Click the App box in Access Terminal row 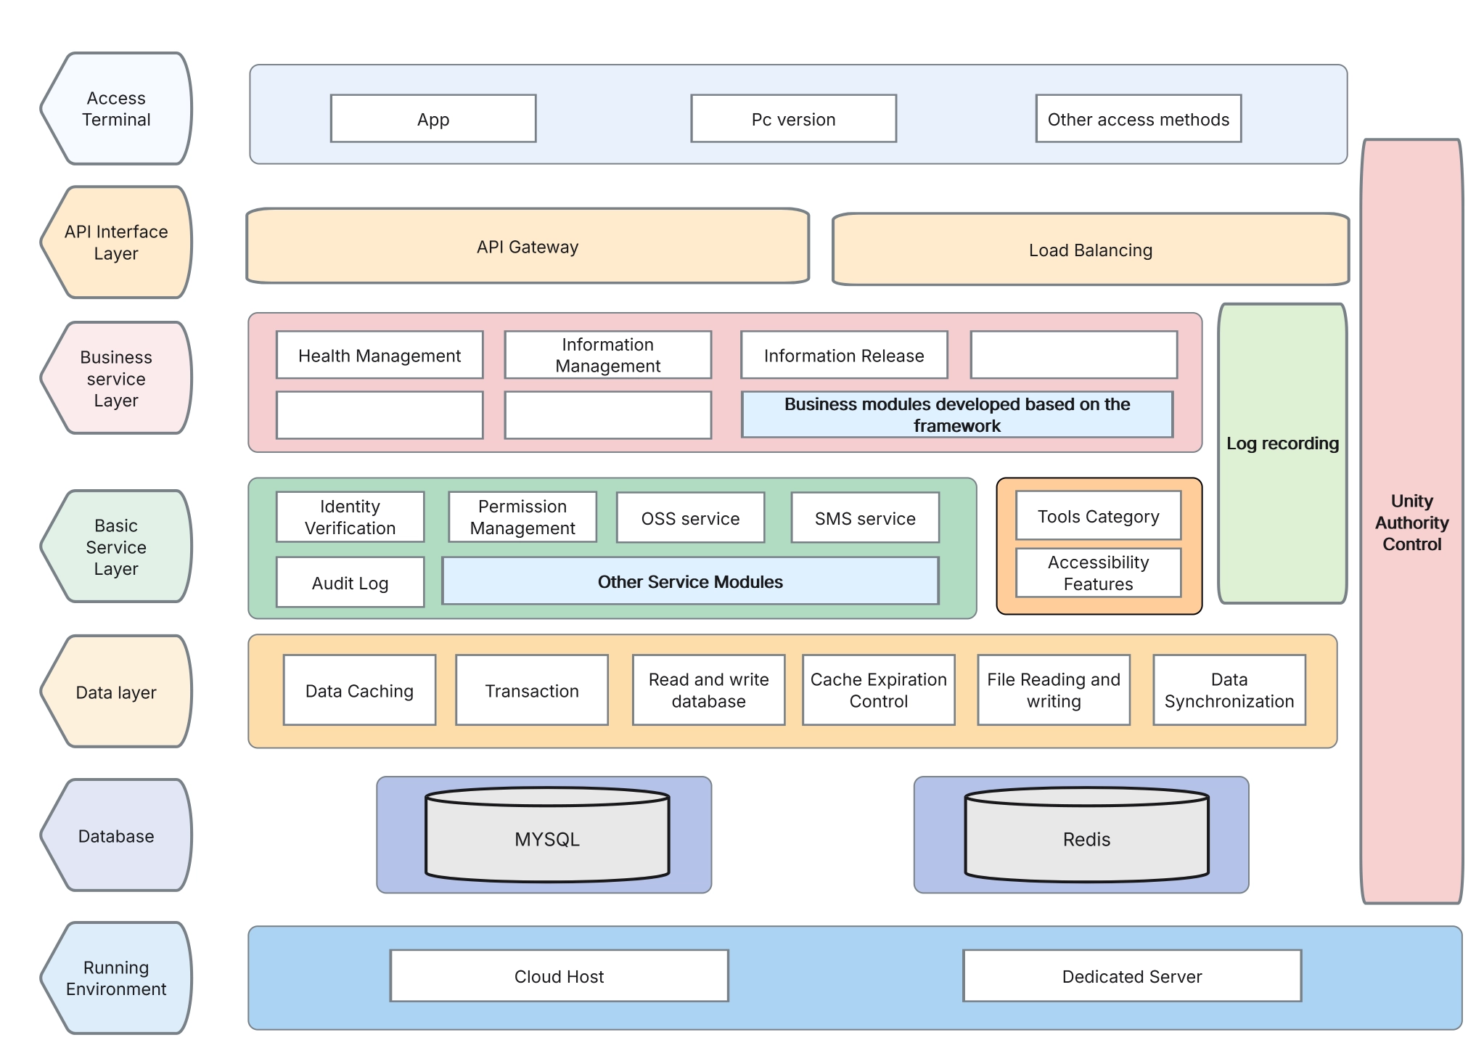click(433, 118)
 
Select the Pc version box click(793, 118)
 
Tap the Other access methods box click(1138, 118)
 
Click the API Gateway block click(528, 246)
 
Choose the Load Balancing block click(1090, 250)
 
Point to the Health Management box click(379, 355)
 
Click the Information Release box click(843, 355)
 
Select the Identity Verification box click(350, 517)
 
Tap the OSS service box click(690, 517)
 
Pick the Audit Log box click(350, 582)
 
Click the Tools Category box click(1098, 516)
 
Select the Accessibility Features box click(1098, 573)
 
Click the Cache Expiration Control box click(878, 689)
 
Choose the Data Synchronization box click(1229, 689)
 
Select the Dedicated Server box click(1131, 975)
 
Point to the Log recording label click(1282, 443)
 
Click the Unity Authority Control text click(1411, 522)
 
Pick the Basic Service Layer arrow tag click(116, 547)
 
